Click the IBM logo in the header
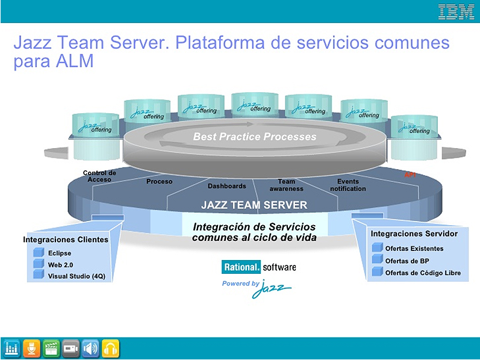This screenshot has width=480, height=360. [456, 11]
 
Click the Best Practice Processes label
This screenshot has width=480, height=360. [254, 137]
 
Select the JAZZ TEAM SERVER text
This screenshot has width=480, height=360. [254, 205]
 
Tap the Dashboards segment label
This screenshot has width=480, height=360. [227, 186]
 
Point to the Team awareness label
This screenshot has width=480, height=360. [287, 185]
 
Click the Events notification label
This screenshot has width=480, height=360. [348, 185]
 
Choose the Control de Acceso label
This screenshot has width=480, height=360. [99, 176]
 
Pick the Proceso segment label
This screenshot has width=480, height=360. [159, 181]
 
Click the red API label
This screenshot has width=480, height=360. [410, 175]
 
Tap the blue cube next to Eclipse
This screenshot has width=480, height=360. [39, 253]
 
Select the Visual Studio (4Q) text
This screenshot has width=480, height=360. [76, 276]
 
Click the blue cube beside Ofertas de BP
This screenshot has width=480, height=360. [377, 260]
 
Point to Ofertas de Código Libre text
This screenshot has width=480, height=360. [423, 273]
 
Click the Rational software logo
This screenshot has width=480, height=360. [259, 267]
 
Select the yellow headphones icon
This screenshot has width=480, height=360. [110, 349]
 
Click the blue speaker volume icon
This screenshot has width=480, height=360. [91, 349]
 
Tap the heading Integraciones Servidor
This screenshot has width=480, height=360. [414, 234]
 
